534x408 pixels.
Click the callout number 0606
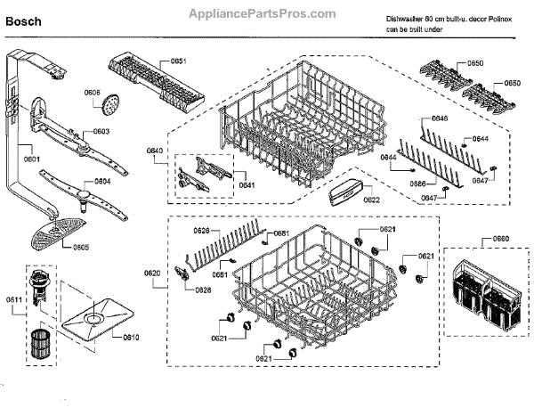[x=93, y=93]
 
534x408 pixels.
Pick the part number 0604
[x=102, y=181]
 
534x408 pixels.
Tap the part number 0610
[x=131, y=338]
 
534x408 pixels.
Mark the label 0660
[x=500, y=239]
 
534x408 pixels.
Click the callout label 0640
[x=155, y=151]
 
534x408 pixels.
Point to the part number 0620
[x=152, y=272]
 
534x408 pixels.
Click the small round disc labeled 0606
[x=109, y=107]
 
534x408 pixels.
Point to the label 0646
[x=439, y=118]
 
